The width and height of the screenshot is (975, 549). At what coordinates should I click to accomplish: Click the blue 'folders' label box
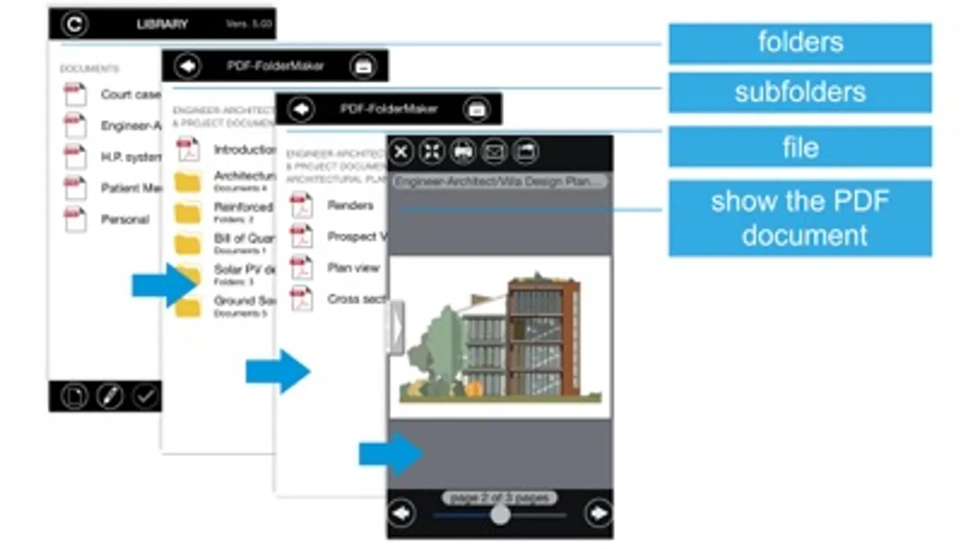(x=800, y=43)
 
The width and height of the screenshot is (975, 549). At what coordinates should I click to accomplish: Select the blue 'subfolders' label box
(x=800, y=92)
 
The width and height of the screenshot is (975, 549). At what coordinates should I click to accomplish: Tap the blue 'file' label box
(x=800, y=147)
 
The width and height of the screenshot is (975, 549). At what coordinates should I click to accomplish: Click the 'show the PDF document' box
(x=800, y=218)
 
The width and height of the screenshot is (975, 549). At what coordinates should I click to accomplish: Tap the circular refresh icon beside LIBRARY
(x=74, y=24)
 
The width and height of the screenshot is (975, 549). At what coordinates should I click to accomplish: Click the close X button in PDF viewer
(x=401, y=152)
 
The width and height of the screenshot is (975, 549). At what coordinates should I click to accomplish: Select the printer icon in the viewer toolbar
(x=463, y=152)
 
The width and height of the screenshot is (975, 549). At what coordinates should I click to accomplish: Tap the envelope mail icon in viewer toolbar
(x=494, y=152)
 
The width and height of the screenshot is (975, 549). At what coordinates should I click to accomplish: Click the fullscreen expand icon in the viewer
(x=432, y=152)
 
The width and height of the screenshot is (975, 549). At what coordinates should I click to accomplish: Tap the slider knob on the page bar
(x=500, y=515)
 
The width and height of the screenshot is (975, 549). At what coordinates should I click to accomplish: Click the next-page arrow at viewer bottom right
(x=598, y=514)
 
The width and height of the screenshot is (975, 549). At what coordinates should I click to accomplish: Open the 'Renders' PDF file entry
(x=349, y=206)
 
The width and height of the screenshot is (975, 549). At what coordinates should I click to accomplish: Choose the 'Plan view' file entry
(x=352, y=268)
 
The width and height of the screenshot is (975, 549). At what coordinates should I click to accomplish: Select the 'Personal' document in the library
(x=124, y=220)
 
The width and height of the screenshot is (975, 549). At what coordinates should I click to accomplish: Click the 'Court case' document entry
(x=130, y=95)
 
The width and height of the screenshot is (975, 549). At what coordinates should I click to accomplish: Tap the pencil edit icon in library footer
(x=110, y=396)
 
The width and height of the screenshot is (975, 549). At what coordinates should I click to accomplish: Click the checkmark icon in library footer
(x=145, y=396)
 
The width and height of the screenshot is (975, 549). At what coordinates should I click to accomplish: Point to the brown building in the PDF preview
(x=543, y=335)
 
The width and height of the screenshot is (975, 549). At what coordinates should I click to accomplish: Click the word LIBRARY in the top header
(x=162, y=24)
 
